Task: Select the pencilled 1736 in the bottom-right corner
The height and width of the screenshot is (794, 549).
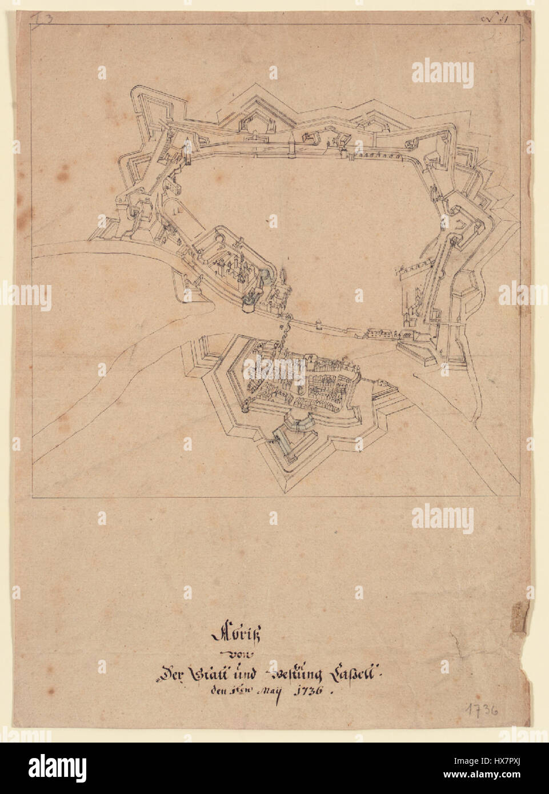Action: click(473, 711)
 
